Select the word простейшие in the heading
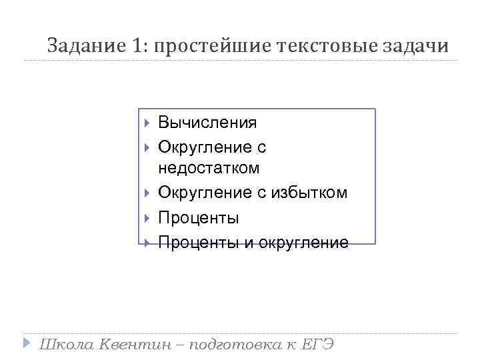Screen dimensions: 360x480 211,46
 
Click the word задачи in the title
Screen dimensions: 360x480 416,46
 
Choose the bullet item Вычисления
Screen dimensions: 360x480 207,123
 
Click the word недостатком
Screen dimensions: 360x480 209,167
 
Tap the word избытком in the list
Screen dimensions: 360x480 309,193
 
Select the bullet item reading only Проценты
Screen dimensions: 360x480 198,218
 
